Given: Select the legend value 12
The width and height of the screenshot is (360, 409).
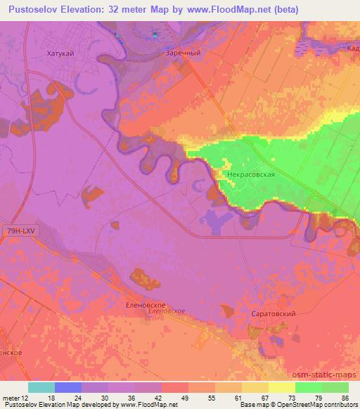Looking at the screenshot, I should pyautogui.click(x=26, y=397).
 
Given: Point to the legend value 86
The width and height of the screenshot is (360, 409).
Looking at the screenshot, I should pyautogui.click(x=344, y=397).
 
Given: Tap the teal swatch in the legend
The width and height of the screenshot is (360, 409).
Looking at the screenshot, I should pyautogui.click(x=41, y=387).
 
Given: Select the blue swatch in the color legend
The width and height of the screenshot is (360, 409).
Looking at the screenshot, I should pyautogui.click(x=68, y=387).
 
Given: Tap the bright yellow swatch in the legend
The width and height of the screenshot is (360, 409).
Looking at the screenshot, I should pyautogui.click(x=281, y=387).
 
